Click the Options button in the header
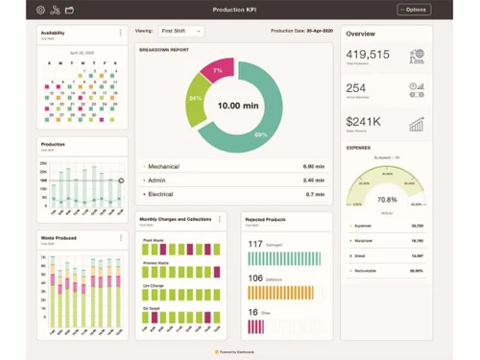click(414, 10)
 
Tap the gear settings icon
click(40, 10)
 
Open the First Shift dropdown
click(180, 31)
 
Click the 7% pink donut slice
click(218, 70)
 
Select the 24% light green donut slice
click(195, 98)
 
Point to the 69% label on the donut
click(260, 133)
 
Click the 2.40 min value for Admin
click(314, 180)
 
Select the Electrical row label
click(160, 194)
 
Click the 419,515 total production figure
click(368, 55)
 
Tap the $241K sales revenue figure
click(364, 121)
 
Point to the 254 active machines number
click(356, 87)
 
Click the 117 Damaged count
click(255, 244)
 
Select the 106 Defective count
click(255, 278)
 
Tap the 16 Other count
click(253, 312)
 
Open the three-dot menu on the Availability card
click(120, 33)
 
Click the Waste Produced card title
click(60, 235)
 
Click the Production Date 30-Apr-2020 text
click(301, 31)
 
